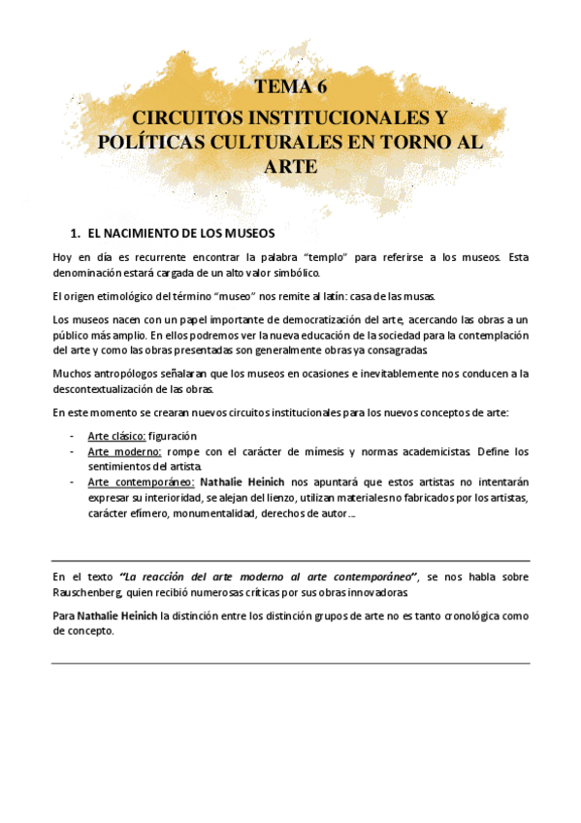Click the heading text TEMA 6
pyautogui.click(x=290, y=87)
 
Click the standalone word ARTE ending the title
pyautogui.click(x=290, y=166)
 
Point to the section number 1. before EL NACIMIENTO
pyautogui.click(x=76, y=234)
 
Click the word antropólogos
pyautogui.click(x=133, y=374)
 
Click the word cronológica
pyautogui.click(x=469, y=614)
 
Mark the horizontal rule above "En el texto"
pyautogui.click(x=290, y=560)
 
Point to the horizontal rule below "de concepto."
pyautogui.click(x=290, y=663)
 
